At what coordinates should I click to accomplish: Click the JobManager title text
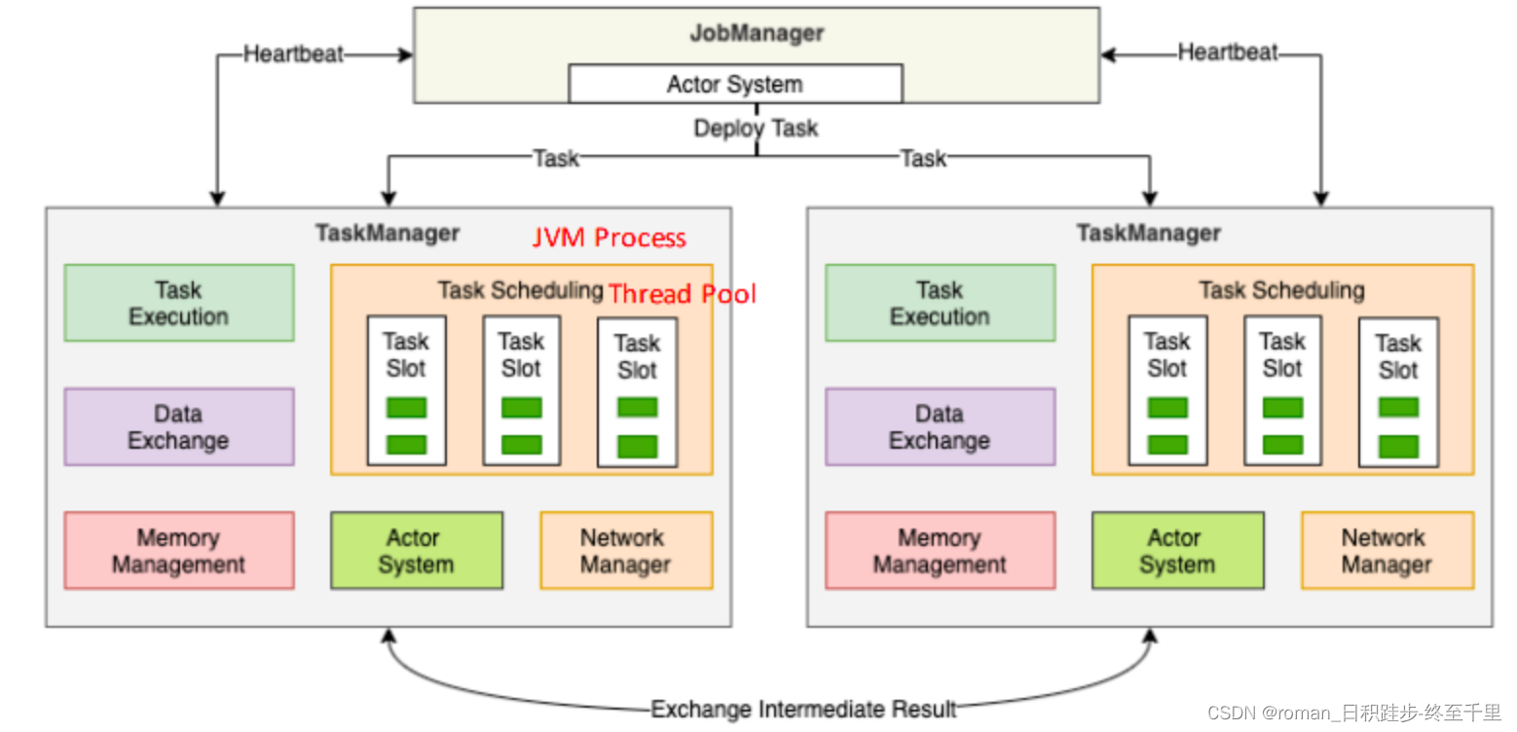click(x=757, y=33)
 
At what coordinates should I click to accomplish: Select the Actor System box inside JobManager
click(x=735, y=84)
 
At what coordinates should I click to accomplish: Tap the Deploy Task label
click(x=756, y=128)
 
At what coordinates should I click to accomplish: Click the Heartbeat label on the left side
click(x=293, y=55)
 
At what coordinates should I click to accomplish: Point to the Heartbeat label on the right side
click(x=1227, y=53)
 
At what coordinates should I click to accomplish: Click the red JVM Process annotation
click(x=609, y=238)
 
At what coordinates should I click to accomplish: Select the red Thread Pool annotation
click(x=682, y=294)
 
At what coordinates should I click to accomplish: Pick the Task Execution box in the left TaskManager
click(x=179, y=303)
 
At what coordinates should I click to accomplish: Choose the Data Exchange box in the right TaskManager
click(x=940, y=426)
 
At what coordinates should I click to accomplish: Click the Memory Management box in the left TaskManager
click(x=179, y=551)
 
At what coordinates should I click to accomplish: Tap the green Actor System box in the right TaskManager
click(x=1178, y=551)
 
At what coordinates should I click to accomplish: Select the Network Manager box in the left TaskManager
click(x=626, y=551)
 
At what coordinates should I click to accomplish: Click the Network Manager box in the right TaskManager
click(x=1387, y=551)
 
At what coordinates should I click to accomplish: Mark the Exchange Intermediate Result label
click(x=803, y=709)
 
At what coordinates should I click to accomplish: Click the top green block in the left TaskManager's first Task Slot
click(x=406, y=408)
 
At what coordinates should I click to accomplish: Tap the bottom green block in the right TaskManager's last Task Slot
click(x=1398, y=446)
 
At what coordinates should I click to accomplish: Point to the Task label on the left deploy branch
click(x=556, y=159)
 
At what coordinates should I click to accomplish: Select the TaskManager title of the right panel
click(x=1149, y=233)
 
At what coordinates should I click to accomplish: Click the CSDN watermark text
click(x=1353, y=713)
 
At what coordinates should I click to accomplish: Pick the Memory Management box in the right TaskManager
click(x=940, y=551)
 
